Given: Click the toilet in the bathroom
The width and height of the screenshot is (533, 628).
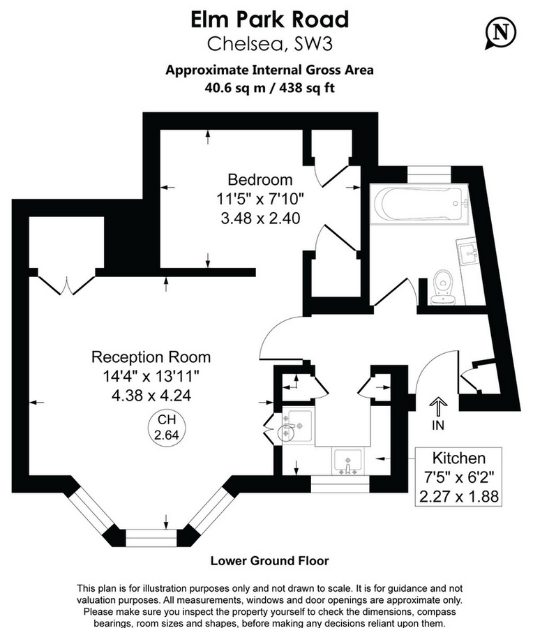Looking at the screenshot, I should click(x=442, y=288).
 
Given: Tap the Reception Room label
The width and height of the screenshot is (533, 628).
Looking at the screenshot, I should click(x=151, y=357).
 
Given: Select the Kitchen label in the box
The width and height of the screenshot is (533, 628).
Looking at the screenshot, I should click(x=459, y=458).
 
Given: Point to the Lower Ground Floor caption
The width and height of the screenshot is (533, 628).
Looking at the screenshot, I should click(x=269, y=560).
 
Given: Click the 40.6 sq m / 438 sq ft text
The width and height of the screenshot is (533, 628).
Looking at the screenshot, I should click(x=269, y=89).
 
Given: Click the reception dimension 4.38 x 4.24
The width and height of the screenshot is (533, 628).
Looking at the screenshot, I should click(x=151, y=395).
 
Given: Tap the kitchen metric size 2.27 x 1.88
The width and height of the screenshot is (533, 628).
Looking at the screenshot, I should click(x=459, y=496).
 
